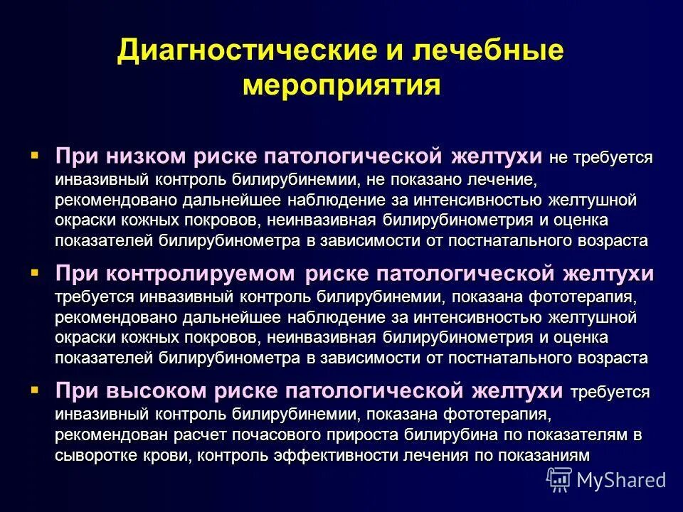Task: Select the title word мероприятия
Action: [341, 85]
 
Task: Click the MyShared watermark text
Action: [621, 479]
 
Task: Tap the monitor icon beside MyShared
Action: [559, 480]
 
